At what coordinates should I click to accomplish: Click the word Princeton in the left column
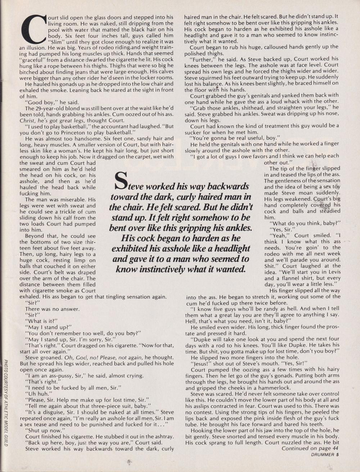73,133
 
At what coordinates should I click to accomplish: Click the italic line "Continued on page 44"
310,448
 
